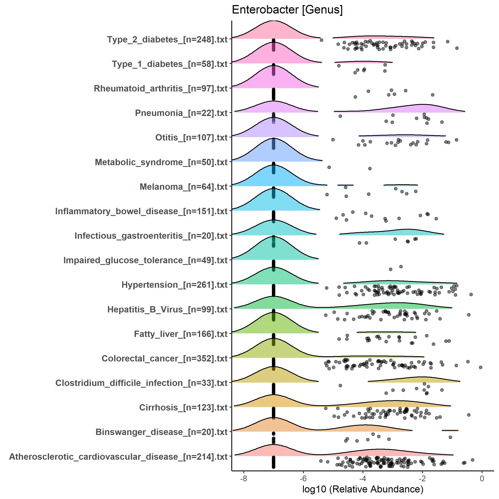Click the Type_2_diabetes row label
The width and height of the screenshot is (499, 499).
167,40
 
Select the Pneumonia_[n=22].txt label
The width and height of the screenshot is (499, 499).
181,113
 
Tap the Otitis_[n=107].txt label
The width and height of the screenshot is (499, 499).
191,138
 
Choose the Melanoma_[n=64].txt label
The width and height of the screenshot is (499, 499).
183,187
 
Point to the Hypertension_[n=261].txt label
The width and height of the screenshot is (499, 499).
174,285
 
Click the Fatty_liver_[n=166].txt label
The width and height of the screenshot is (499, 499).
181,334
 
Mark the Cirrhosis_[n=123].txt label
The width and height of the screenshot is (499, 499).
183,408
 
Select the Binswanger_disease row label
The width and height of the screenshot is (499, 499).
161,432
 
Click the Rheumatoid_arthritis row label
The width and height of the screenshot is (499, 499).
160,89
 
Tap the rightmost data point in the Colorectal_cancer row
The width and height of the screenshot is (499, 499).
480,367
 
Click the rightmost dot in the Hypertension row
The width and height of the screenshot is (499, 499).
471,294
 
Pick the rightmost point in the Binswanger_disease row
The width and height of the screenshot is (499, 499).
450,437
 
